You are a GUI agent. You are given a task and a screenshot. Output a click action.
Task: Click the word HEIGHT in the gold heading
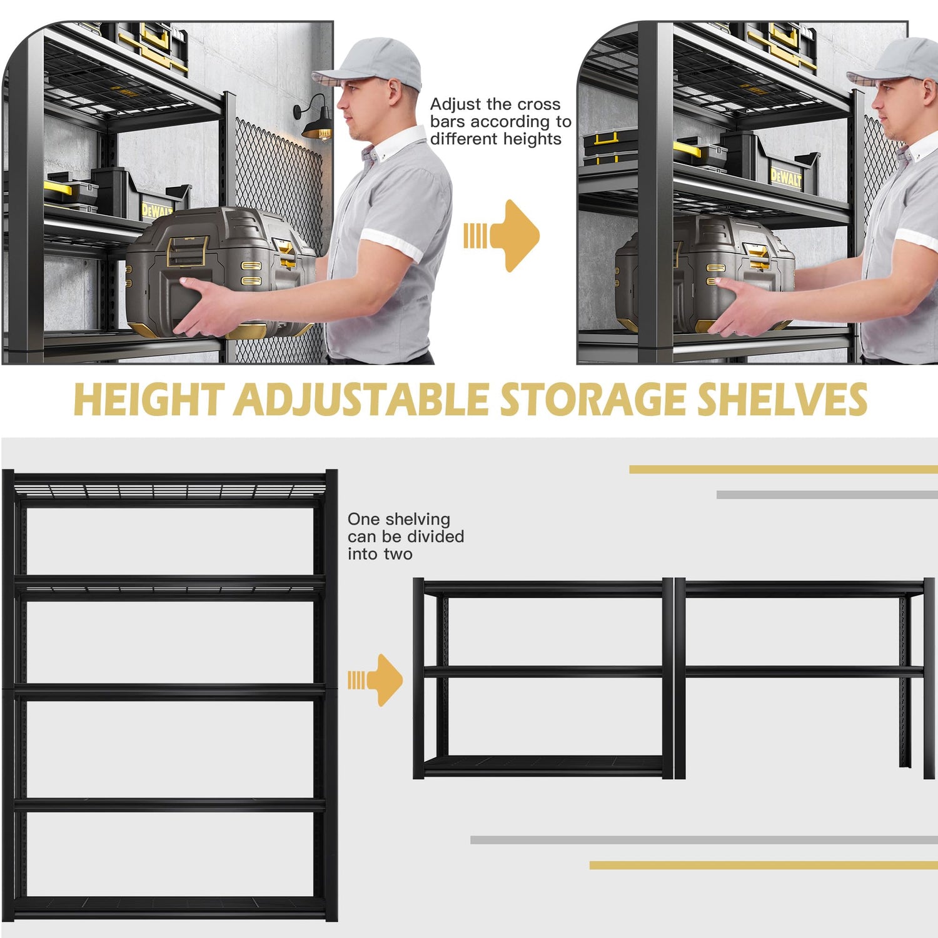(148, 400)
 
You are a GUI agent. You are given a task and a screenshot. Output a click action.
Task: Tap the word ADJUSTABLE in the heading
(361, 400)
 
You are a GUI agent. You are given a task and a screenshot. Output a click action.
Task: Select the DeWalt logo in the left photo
(156, 210)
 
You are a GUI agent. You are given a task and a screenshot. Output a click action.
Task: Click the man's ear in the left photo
(395, 93)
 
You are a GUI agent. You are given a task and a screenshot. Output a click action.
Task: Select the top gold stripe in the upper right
(782, 469)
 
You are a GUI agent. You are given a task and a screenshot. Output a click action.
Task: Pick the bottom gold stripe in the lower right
(763, 865)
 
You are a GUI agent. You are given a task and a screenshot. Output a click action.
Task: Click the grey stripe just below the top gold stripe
(825, 495)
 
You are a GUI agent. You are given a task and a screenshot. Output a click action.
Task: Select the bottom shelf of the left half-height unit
(543, 764)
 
